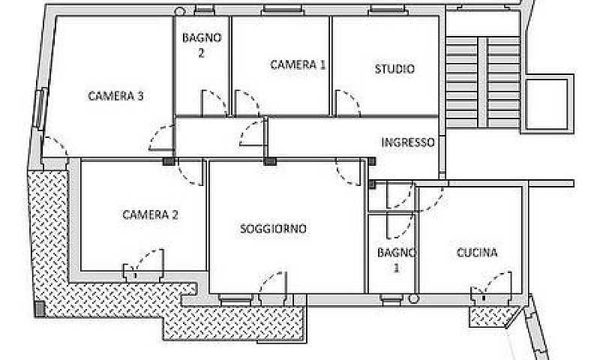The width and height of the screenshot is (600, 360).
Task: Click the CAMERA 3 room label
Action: coord(115,96)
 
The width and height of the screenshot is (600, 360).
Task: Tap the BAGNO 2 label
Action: coord(202,45)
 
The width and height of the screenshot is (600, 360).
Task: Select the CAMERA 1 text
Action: coord(298,64)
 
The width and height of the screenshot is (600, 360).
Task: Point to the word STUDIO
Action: coord(394,69)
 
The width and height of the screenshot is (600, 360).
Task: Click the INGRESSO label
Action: coord(408,142)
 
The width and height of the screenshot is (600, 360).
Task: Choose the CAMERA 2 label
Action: coord(150,214)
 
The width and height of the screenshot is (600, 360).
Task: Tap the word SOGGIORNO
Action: coord(273,229)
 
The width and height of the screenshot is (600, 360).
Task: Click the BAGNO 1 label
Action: coord(397,259)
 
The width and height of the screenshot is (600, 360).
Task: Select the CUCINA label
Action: coord(477,253)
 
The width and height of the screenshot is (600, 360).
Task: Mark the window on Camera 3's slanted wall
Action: coord(40,109)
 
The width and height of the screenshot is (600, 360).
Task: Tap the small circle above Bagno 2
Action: coord(179,11)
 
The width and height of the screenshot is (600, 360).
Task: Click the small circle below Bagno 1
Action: coord(413,298)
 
